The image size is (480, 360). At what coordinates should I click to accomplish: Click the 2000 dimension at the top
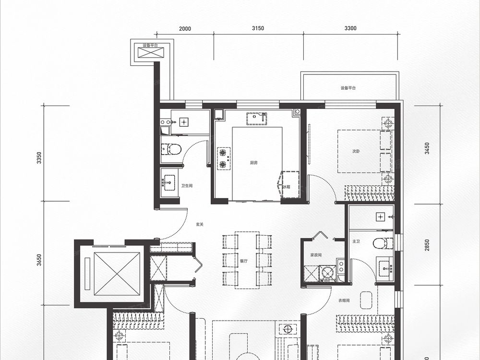pos(185,29)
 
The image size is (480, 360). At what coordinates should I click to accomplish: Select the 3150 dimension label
pos(258,28)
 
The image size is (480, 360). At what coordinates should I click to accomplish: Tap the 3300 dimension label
pos(350,28)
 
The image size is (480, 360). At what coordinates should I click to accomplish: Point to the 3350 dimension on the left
pos(39,157)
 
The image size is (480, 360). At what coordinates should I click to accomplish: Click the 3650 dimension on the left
pos(39,260)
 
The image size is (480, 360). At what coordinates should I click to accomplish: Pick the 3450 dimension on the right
pos(427,148)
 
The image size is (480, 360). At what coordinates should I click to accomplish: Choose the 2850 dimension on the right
pos(427,245)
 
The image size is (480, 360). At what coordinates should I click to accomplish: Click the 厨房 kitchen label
pos(253,163)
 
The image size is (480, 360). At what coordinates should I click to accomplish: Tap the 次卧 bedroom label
pos(356,151)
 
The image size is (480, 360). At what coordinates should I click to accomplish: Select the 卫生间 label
pos(187,186)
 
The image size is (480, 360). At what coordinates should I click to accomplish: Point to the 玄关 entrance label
pos(200,224)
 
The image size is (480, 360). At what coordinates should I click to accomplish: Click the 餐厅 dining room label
pos(244,261)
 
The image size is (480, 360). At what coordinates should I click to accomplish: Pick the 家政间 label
pos(316,255)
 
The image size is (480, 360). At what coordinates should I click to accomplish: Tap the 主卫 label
pos(356,241)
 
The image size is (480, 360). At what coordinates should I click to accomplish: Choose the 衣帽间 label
pos(344,300)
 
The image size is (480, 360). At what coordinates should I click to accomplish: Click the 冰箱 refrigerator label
pos(287,187)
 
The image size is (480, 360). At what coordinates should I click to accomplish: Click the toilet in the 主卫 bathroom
pos(383,243)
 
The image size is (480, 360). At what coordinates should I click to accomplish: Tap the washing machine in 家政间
pos(327,273)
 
